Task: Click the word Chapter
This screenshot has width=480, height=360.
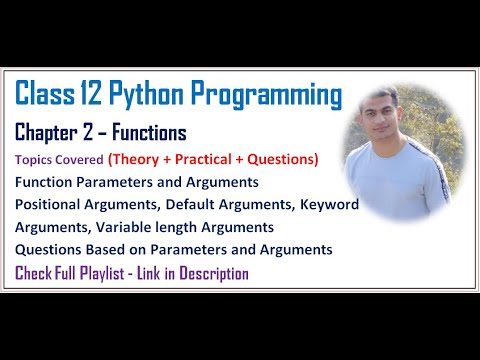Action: pyautogui.click(x=51, y=134)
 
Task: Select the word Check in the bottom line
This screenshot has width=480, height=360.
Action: pyautogui.click(x=35, y=273)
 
